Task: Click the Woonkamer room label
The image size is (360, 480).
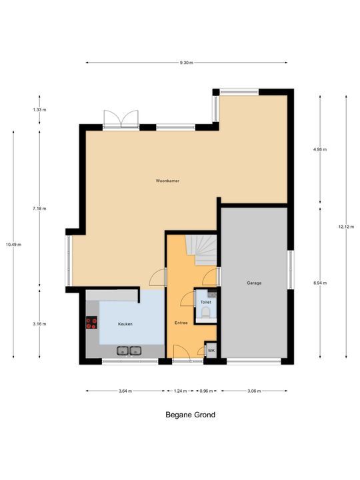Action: coord(167,181)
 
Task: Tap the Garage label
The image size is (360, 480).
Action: coord(254,283)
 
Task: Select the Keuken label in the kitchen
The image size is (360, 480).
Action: coord(125,324)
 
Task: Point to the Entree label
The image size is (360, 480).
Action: coord(181,323)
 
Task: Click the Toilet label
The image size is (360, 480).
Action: coord(206,302)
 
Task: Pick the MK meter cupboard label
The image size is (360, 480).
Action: coord(211,351)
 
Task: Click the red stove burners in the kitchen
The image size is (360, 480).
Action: coord(91,323)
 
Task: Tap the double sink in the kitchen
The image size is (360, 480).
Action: coord(129,351)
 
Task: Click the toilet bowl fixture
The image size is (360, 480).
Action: coord(206,313)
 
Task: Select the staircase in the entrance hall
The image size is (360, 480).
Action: coord(201,250)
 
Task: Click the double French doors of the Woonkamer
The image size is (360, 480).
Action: coord(121,119)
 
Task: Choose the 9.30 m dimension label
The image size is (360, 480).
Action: coord(187,63)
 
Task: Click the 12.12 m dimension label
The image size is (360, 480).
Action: coord(346,227)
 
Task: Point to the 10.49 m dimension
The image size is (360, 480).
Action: coord(13,245)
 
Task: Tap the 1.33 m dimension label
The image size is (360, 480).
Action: coord(39,109)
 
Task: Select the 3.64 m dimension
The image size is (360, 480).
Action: coord(125,391)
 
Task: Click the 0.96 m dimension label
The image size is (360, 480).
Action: coord(206,391)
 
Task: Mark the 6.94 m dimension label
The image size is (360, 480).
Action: coord(320,283)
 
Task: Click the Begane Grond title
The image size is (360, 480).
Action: coord(191,415)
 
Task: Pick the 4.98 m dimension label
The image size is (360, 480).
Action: coord(320,150)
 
